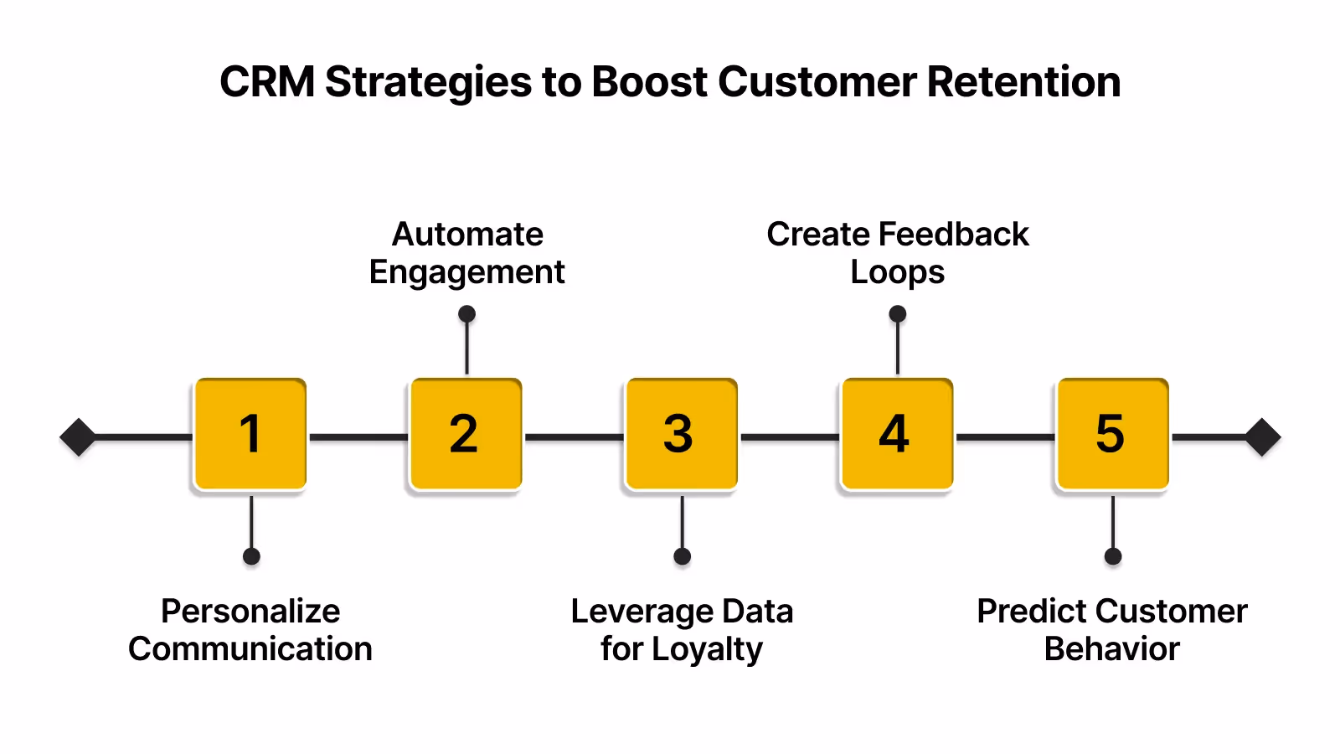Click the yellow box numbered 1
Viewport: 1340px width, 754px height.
tap(250, 434)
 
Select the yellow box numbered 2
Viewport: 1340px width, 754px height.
tap(466, 434)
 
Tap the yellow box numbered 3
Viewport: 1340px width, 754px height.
tap(681, 434)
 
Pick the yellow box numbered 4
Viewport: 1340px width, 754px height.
tap(896, 434)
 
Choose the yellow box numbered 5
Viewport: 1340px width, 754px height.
tap(1112, 434)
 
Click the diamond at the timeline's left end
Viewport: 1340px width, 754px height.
tap(78, 437)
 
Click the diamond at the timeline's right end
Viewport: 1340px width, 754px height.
tap(1263, 437)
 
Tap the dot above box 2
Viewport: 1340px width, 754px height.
tap(467, 314)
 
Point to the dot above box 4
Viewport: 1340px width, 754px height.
tap(898, 314)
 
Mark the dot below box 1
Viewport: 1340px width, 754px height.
tap(251, 556)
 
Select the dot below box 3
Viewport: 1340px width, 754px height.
tap(683, 556)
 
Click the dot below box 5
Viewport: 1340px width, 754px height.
tap(1113, 556)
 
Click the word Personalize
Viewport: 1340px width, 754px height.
tap(250, 612)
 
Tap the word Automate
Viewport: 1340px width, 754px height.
tap(467, 235)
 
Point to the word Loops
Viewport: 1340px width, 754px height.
tap(897, 273)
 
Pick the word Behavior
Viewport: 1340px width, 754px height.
tap(1111, 649)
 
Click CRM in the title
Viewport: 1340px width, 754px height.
tap(267, 82)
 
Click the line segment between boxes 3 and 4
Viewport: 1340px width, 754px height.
tap(789, 437)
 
